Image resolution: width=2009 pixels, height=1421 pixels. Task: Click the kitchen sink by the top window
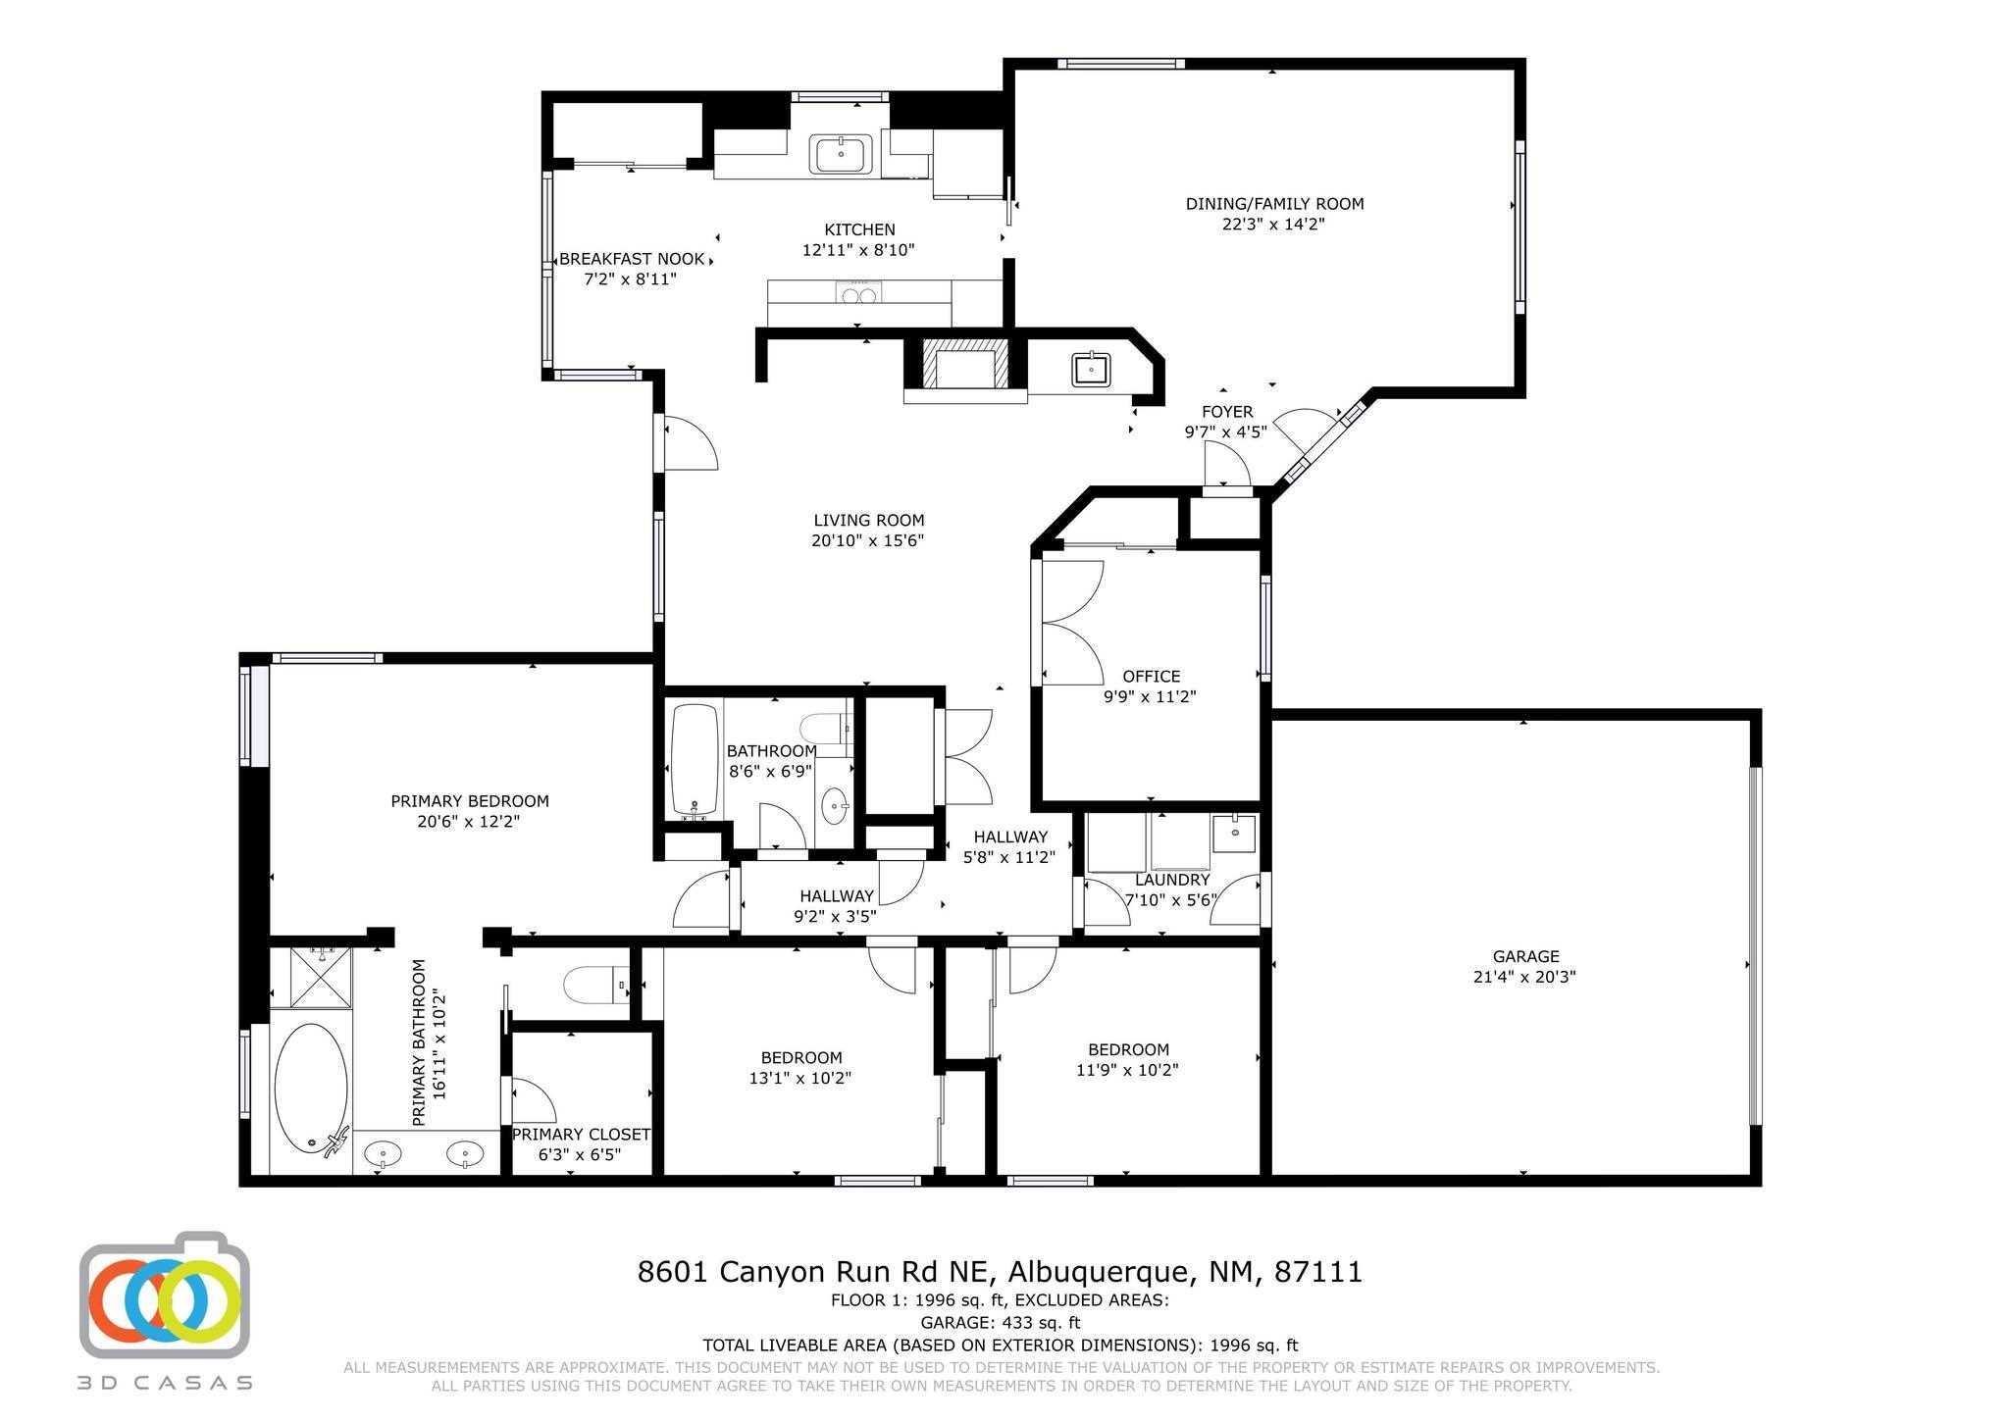point(841,154)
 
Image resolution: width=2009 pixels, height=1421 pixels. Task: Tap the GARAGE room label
point(1525,956)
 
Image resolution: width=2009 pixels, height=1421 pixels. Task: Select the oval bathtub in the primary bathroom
point(311,1088)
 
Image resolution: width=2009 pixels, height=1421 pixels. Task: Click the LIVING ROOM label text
point(868,521)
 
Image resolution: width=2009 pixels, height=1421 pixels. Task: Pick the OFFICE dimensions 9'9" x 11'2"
point(1151,697)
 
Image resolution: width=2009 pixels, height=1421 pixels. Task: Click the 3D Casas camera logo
point(165,1294)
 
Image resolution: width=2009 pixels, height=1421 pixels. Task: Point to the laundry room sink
point(1234,833)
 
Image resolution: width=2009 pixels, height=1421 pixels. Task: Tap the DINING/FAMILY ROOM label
point(1274,204)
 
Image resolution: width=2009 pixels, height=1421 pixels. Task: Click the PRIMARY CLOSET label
point(581,1135)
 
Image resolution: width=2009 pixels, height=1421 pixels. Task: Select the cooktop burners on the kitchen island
point(858,292)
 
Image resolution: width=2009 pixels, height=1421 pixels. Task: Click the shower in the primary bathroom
point(310,977)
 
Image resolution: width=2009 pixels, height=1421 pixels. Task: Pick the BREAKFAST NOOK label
point(632,259)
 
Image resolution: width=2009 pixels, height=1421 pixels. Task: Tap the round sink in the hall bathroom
point(835,806)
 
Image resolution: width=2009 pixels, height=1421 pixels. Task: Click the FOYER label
point(1227,412)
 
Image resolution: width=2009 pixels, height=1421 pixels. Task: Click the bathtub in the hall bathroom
point(695,761)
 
